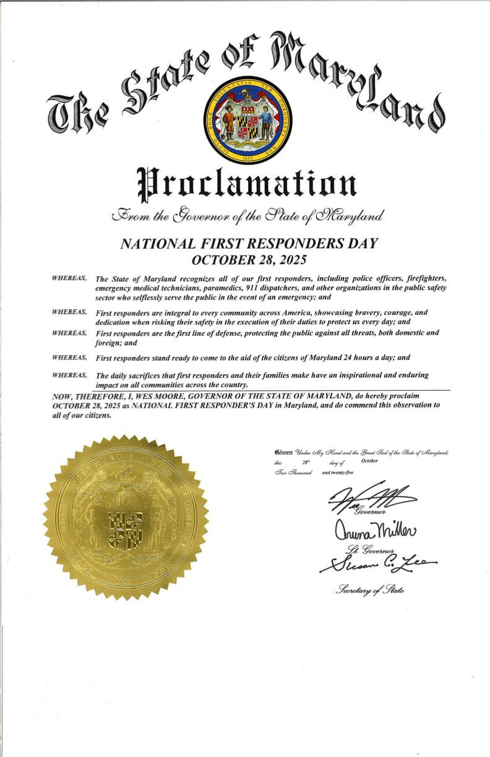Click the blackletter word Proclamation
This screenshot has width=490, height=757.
[246, 183]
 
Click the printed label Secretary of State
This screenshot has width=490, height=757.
[369, 591]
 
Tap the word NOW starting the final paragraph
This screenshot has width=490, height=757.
[62, 395]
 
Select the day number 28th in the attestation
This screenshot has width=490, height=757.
[306, 462]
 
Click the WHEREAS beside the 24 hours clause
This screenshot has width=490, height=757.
[69, 358]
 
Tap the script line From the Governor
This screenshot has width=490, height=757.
[246, 216]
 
